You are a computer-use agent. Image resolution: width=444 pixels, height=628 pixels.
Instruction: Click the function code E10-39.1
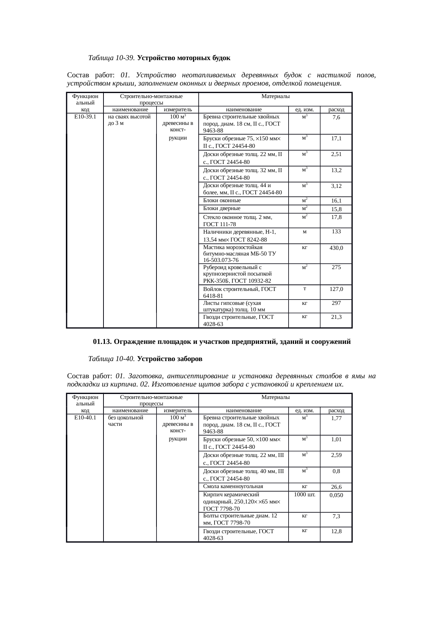[x=85, y=117]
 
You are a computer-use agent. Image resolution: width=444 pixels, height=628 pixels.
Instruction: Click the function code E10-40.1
[x=85, y=418]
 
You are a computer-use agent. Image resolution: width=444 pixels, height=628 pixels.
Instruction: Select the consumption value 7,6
[x=336, y=117]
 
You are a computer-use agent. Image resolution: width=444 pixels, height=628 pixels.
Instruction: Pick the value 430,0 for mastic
[x=336, y=248]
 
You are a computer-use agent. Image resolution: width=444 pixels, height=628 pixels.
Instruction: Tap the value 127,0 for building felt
[x=336, y=289]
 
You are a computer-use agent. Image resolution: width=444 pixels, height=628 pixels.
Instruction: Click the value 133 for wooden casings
[x=336, y=232]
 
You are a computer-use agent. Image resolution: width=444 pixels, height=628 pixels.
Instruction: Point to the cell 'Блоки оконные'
[x=222, y=201]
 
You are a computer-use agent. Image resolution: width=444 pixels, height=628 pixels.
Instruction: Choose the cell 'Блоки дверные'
[x=222, y=209]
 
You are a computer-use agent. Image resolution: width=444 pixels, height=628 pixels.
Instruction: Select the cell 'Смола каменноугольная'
[x=233, y=486]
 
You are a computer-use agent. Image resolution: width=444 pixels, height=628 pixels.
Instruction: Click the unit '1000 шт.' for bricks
[x=304, y=495]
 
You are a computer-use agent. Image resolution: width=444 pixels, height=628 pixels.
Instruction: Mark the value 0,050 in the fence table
[x=336, y=495]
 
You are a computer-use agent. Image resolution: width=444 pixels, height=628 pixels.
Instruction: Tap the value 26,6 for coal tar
[x=336, y=487]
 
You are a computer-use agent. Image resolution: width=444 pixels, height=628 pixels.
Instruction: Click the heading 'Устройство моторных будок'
[x=183, y=58]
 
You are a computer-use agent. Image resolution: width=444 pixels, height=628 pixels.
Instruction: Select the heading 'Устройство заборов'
[x=170, y=359]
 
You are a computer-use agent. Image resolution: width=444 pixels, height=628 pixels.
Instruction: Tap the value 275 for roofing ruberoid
[x=336, y=267]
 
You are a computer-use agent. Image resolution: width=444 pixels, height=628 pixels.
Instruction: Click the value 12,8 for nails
[x=336, y=532]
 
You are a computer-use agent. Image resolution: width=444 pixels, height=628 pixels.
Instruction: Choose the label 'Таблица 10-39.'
[x=111, y=58]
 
